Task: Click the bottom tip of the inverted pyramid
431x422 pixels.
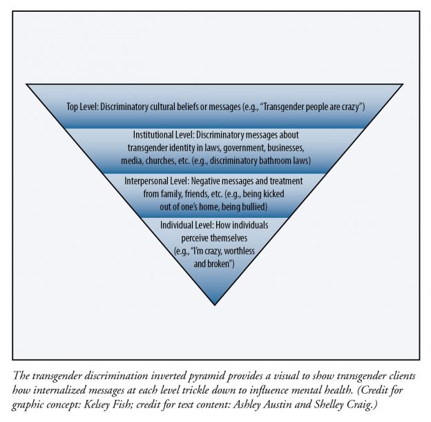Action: tap(215, 303)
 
